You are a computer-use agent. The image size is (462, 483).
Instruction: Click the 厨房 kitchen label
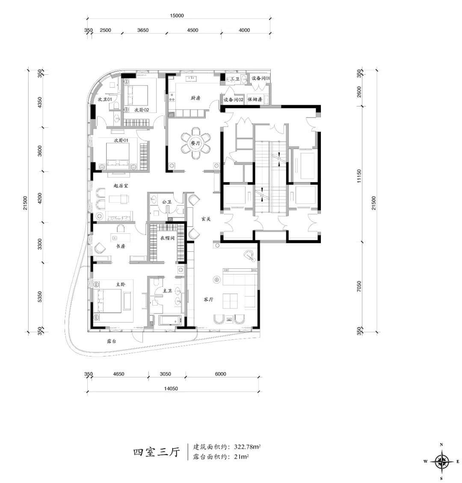pos(195,98)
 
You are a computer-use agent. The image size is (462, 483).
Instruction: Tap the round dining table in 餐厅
pos(195,144)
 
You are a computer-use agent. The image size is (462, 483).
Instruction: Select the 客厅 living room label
pos(208,299)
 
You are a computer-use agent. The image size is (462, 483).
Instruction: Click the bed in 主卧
pos(107,301)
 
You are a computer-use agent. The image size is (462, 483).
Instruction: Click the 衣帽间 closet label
pos(167,238)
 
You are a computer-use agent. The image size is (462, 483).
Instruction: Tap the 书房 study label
pos(121,246)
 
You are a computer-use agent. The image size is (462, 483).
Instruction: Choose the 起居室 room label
pos(121,186)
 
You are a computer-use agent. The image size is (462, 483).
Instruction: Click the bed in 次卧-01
pos(118,156)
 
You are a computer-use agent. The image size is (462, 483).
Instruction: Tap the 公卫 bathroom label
pos(166,202)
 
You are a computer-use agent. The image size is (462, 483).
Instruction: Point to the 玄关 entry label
pos(206,219)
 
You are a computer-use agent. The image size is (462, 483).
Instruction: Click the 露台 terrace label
pos(111,341)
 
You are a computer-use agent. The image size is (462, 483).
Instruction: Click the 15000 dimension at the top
pos(177,16)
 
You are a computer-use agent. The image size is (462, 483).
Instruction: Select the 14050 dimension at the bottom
pos(171,389)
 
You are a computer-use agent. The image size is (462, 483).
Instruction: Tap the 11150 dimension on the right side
pos(359,176)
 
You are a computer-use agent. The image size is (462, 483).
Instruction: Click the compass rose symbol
pos(441,462)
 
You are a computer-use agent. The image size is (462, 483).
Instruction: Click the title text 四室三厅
pos(156,452)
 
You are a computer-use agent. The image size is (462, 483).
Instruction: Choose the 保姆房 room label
pos(255,100)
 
